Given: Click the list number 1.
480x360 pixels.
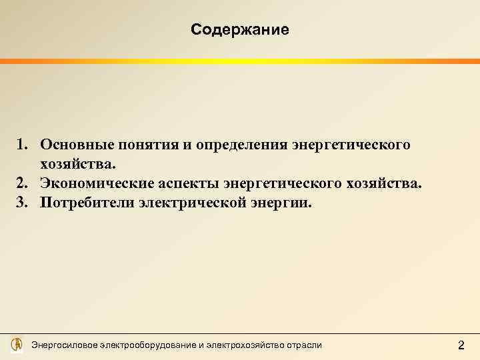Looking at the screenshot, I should pos(22,145).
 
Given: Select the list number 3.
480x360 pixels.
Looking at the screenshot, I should pos(22,202).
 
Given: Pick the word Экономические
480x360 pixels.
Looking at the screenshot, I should pos(91,183).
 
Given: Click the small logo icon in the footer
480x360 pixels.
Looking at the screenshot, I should pos(17,345).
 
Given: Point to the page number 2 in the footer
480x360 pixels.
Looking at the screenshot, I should pos(461,345).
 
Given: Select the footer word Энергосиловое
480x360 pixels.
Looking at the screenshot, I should pos(65,345).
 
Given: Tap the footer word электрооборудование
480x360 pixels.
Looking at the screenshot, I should pos(147,345).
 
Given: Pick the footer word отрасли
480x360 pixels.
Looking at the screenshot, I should pos(304,345).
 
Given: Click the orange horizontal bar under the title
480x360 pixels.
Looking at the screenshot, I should pos(239,61).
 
